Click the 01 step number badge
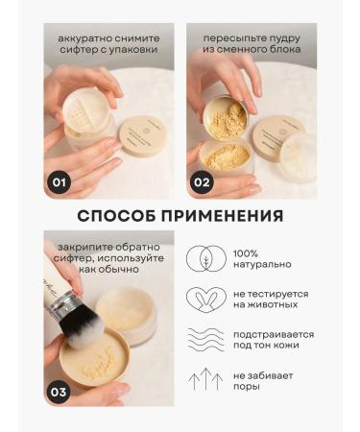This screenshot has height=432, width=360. point(59,179)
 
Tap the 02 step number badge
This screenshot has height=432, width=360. point(203,179)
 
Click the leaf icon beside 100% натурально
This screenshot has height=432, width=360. point(204,259)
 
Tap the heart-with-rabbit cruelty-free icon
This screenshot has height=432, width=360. point(204,300)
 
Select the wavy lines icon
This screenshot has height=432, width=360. point(204,341)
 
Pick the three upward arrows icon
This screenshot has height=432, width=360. point(204,381)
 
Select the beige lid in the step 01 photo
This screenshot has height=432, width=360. point(143,135)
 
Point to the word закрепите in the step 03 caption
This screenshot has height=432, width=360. point(87,244)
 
